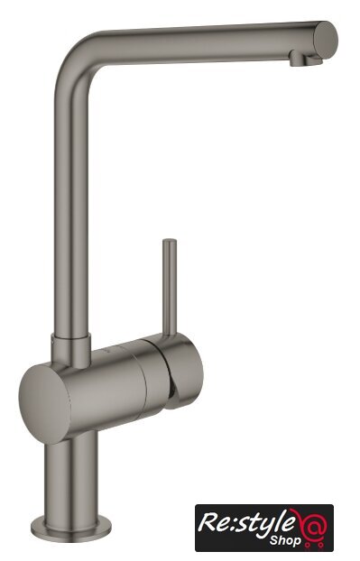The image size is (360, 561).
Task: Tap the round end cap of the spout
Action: click(326, 40)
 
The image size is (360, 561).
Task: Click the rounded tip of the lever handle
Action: click(170, 242)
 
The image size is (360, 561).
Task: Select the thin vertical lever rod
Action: click(170, 287)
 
